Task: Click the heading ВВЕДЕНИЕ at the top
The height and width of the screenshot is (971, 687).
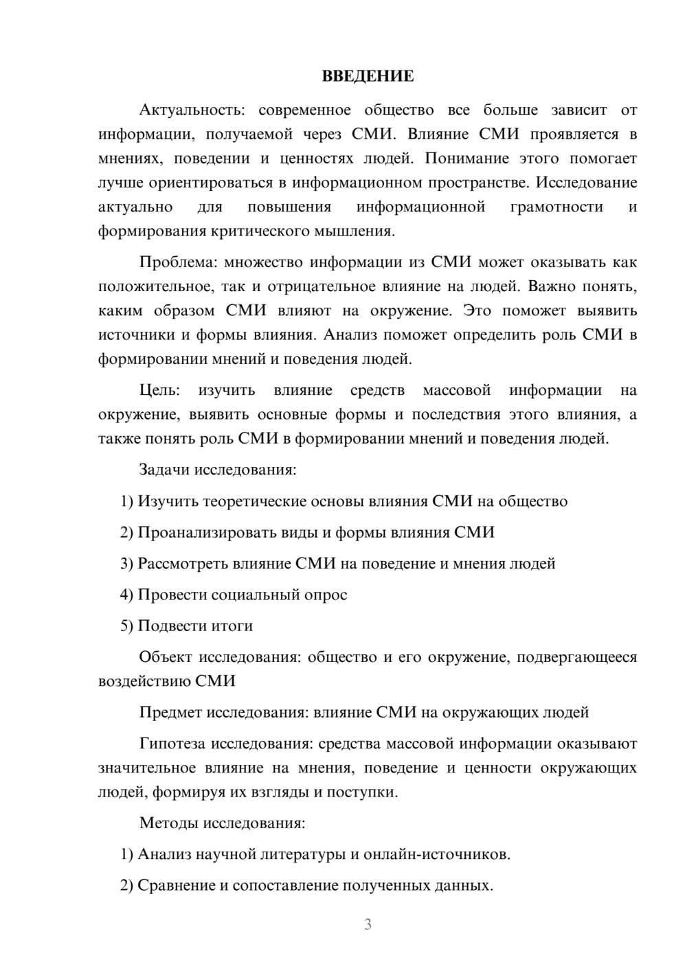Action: (x=368, y=76)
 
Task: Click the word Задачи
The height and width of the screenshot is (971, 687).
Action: (x=164, y=470)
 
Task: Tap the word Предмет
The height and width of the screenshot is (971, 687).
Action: (x=170, y=712)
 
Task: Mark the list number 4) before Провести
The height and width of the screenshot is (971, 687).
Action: (x=126, y=595)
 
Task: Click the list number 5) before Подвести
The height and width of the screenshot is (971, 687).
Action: (x=126, y=626)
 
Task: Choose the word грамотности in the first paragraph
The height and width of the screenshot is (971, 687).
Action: (x=557, y=207)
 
